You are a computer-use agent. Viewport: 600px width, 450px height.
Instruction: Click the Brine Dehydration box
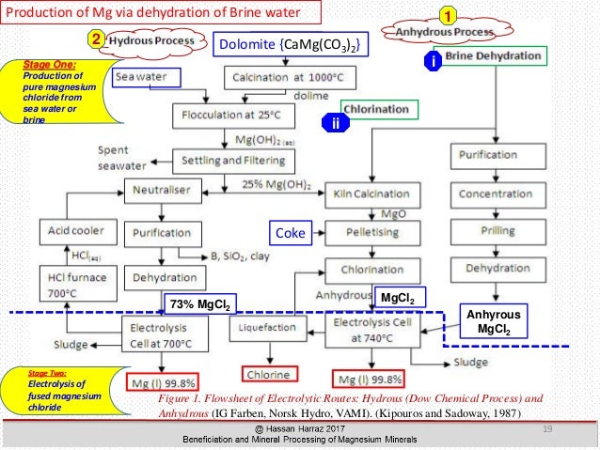498,57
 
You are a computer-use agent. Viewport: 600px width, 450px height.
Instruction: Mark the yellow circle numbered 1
450,16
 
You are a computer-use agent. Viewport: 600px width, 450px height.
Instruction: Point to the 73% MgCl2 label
200,303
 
